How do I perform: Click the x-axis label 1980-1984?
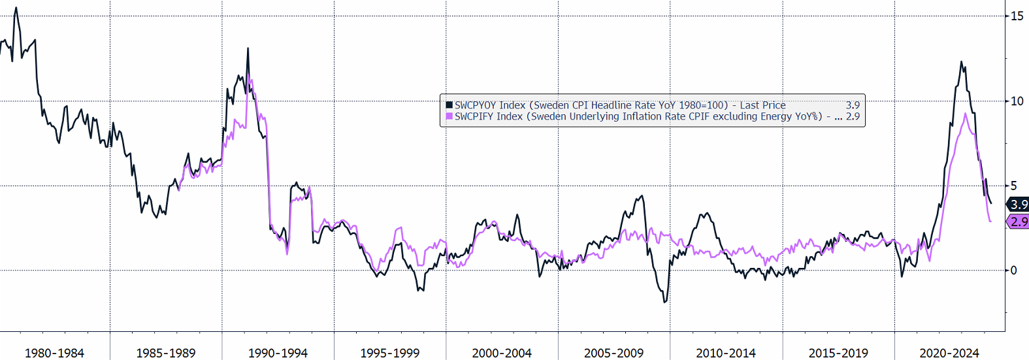point(54,353)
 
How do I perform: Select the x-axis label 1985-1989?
point(166,353)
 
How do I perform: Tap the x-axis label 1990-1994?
point(278,353)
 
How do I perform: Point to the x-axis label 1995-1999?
point(390,353)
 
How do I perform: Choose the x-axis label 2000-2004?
point(502,353)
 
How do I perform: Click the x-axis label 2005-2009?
point(613,353)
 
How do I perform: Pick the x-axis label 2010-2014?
point(726,353)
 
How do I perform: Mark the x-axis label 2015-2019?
point(838,353)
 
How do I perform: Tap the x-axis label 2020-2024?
point(949,353)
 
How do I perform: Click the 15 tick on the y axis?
point(1017,16)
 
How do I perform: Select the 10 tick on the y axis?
point(1017,101)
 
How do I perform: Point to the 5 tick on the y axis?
point(1013,186)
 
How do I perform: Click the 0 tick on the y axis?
point(1013,270)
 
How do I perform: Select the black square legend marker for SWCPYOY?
point(449,105)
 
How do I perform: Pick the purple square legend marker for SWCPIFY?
point(449,116)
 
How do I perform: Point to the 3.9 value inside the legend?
point(853,105)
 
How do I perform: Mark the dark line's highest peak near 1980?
point(16,8)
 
